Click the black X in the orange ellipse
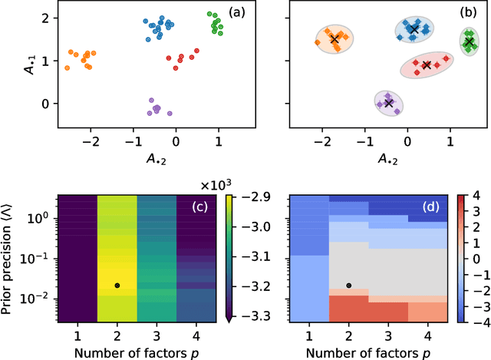pyautogui.click(x=334, y=38)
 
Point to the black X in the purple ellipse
pyautogui.click(x=389, y=102)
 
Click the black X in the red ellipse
pyautogui.click(x=427, y=65)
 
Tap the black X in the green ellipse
pyautogui.click(x=469, y=42)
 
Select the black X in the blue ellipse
pyautogui.click(x=414, y=30)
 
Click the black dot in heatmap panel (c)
pyautogui.click(x=116, y=286)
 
